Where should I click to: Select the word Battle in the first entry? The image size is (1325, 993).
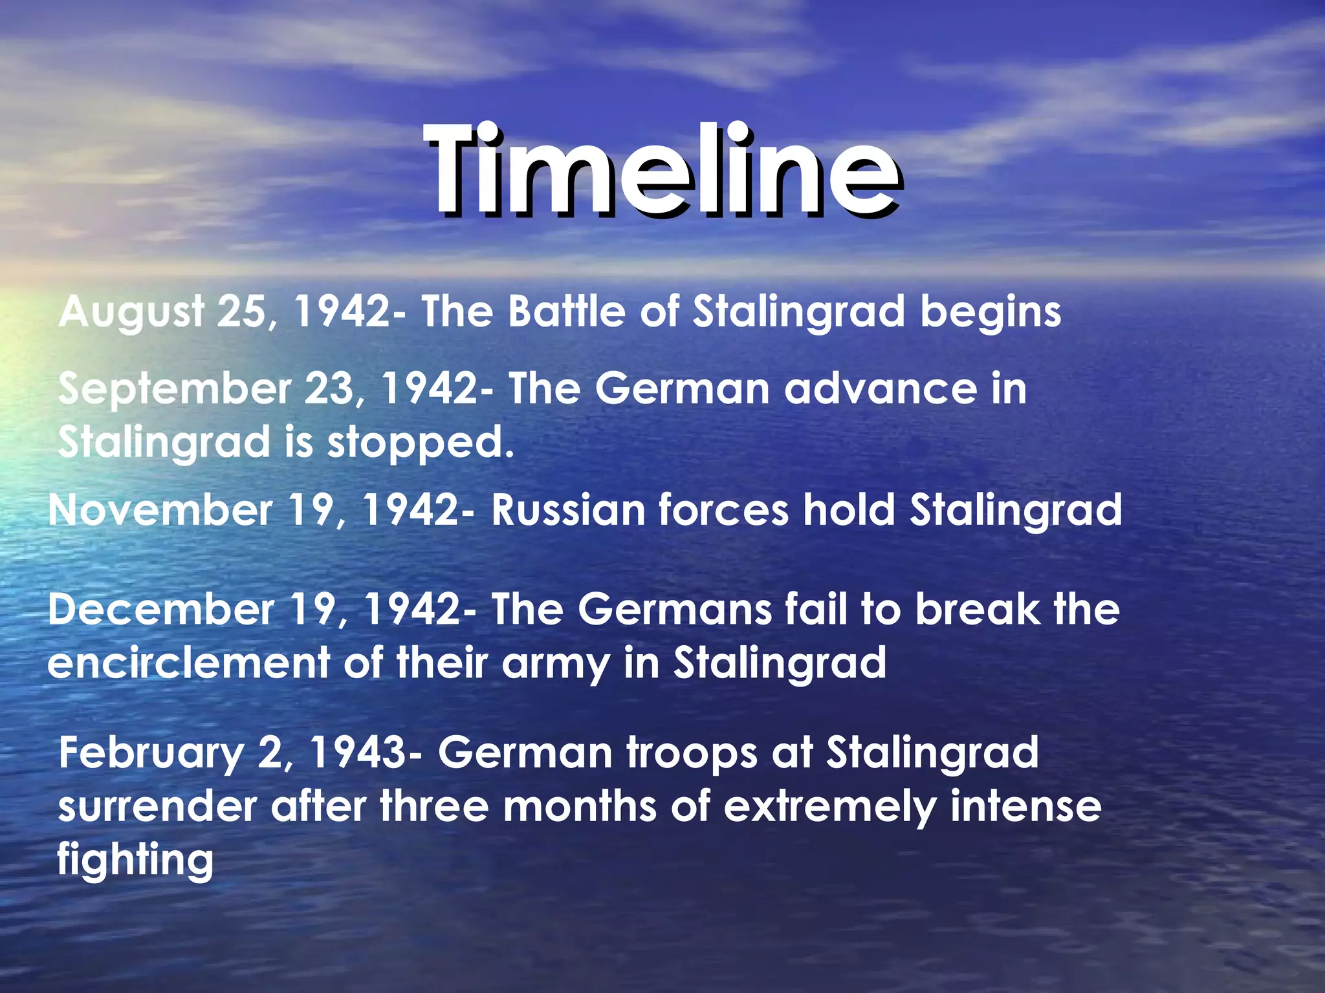coord(567,312)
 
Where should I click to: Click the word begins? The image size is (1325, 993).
coord(991,313)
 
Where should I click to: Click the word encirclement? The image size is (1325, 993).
coord(188,663)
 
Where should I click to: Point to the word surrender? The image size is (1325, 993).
coord(157,807)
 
